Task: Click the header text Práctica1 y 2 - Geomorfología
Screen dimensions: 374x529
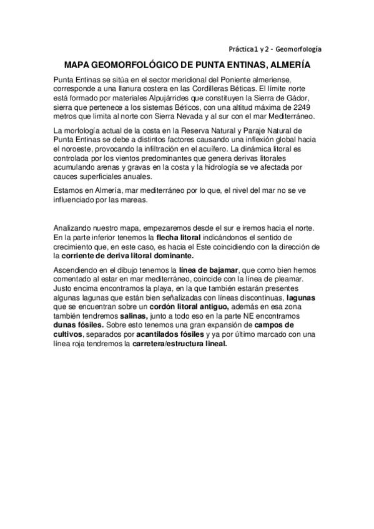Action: (x=275, y=48)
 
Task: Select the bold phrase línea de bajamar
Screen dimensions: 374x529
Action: (x=199, y=269)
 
